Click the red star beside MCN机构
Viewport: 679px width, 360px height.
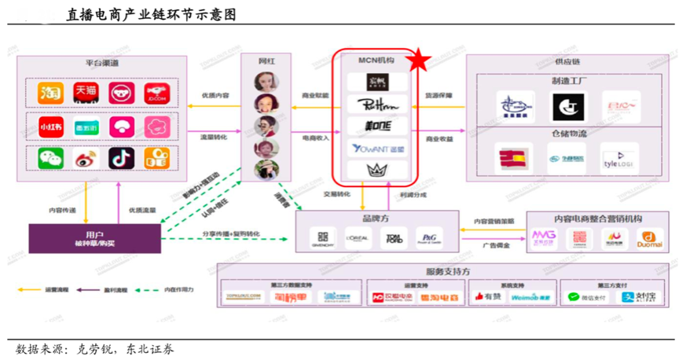pos(419,59)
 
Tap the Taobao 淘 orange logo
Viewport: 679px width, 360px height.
pos(51,93)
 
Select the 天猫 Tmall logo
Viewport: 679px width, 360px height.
pos(86,93)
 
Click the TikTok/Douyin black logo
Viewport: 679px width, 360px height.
pos(121,158)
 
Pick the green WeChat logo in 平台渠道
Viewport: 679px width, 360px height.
pos(51,158)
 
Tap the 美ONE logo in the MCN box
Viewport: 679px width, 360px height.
pos(377,126)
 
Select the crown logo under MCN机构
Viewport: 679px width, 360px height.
pos(377,169)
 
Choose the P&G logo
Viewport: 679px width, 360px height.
pos(429,238)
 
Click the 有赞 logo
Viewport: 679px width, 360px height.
pos(488,297)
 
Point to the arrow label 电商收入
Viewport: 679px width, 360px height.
pos(316,138)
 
